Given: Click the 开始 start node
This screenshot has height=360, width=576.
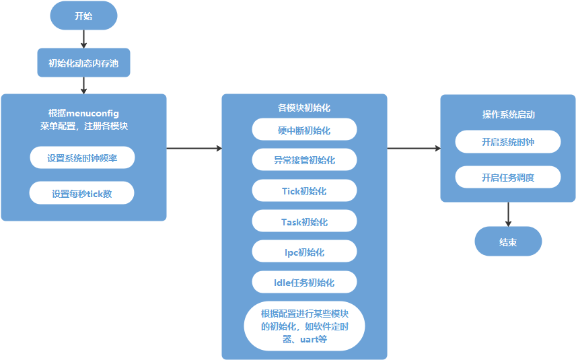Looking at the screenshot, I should click(x=83, y=15).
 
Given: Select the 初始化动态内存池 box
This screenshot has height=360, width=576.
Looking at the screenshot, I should click(x=83, y=64).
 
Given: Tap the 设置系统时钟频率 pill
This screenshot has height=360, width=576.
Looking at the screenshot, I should click(x=82, y=158).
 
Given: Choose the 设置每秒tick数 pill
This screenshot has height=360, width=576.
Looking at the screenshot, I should click(x=82, y=194).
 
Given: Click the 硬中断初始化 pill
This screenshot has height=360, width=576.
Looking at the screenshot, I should click(x=304, y=130).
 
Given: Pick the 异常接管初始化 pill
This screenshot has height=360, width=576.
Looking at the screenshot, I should click(x=304, y=160).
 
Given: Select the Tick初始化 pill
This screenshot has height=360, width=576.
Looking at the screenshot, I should click(x=304, y=191).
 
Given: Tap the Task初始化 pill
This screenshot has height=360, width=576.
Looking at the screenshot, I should click(x=304, y=221).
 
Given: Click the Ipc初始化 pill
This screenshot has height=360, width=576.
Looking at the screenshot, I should click(x=304, y=252).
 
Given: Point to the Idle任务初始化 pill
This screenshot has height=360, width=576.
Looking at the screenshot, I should click(x=304, y=282).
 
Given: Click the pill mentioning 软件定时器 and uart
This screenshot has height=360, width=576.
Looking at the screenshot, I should click(x=304, y=326).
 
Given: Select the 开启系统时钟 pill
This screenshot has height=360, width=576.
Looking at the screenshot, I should click(x=508, y=142).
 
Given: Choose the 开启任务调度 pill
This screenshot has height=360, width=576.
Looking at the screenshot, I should click(x=508, y=178).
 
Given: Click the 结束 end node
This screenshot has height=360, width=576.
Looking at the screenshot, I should click(x=508, y=242).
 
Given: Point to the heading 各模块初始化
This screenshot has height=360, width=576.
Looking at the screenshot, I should click(x=304, y=108).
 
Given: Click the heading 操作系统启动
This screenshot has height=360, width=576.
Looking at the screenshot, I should click(x=508, y=114).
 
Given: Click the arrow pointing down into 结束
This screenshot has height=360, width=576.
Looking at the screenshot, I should click(x=508, y=214).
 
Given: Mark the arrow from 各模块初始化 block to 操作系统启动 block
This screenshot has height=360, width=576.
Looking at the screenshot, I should click(x=414, y=148).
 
